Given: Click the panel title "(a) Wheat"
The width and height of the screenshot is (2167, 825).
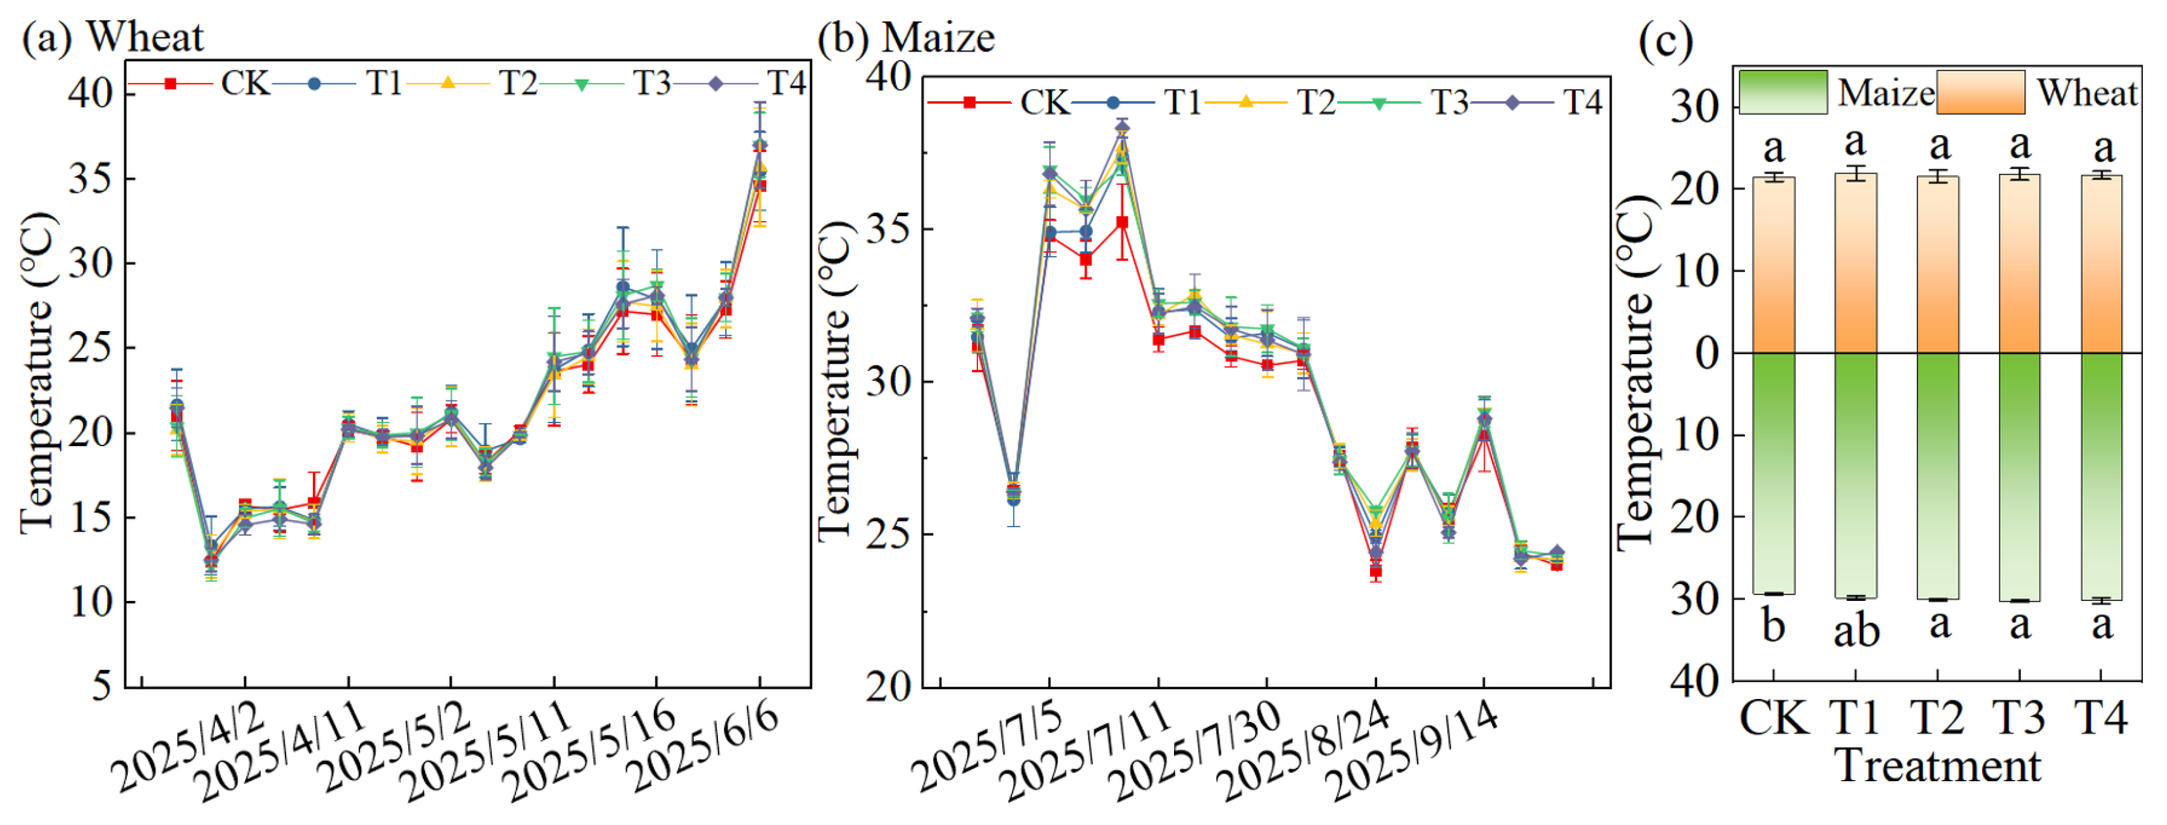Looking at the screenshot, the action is tap(113, 38).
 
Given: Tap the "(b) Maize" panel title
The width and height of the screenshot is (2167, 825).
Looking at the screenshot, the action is tap(906, 38).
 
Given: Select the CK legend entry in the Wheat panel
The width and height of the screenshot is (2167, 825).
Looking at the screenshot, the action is tap(199, 83).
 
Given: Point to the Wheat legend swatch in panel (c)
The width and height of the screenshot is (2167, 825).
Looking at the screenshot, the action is tap(1980, 91).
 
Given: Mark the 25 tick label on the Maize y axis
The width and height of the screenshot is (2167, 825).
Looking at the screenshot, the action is tap(888, 534).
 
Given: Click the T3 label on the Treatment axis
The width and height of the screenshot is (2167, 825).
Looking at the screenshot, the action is tap(2020, 717).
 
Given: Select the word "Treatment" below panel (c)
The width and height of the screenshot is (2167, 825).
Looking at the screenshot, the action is tap(1939, 766).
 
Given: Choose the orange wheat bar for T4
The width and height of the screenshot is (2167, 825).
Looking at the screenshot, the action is tap(2102, 264).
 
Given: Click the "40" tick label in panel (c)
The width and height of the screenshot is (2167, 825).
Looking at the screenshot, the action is tap(1694, 679).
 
